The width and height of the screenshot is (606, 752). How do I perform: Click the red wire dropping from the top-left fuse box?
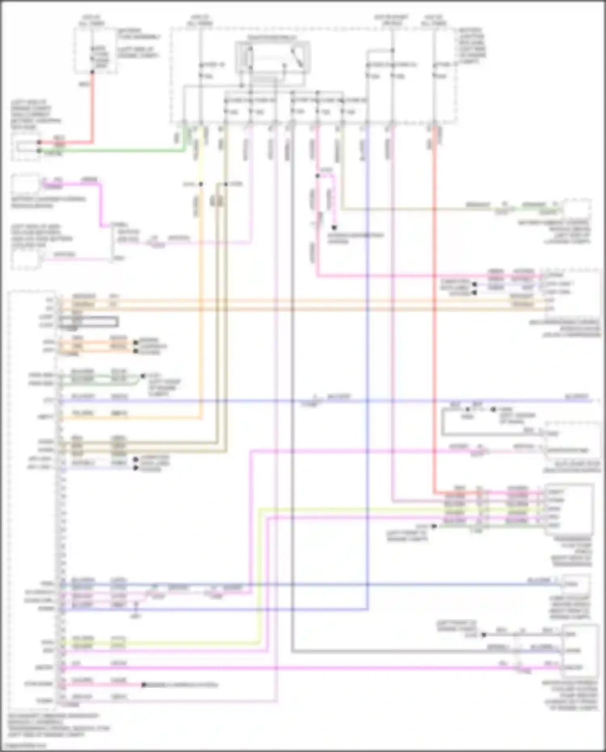pyautogui.click(x=93, y=109)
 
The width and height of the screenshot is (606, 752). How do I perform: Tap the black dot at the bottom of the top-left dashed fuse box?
pyautogui.click(x=93, y=72)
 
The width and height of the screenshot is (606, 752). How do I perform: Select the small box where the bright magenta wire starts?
pyautogui.click(x=25, y=184)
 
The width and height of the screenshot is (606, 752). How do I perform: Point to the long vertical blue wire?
pyautogui.click(x=367, y=364)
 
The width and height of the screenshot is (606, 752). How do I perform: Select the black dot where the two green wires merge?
pyautogui.click(x=143, y=376)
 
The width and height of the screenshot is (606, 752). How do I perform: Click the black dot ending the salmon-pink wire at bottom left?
pyautogui.click(x=143, y=685)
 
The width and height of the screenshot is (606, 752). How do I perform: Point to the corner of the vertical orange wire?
pyautogui.click(x=201, y=417)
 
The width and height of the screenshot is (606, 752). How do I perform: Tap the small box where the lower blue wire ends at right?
pyautogui.click(x=575, y=584)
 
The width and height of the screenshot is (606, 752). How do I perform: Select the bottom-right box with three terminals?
pyautogui.click(x=579, y=651)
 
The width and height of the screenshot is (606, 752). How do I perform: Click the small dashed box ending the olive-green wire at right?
pyautogui.click(x=577, y=209)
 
